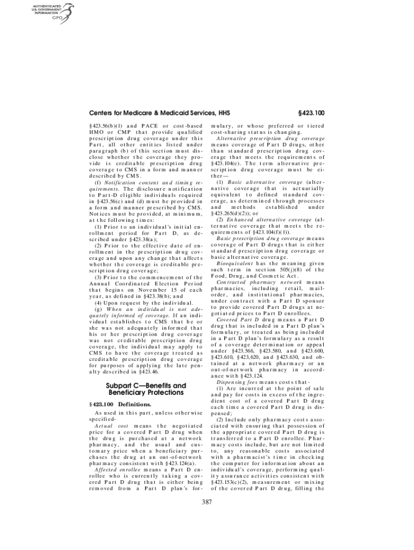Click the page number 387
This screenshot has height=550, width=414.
click(x=207, y=503)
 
